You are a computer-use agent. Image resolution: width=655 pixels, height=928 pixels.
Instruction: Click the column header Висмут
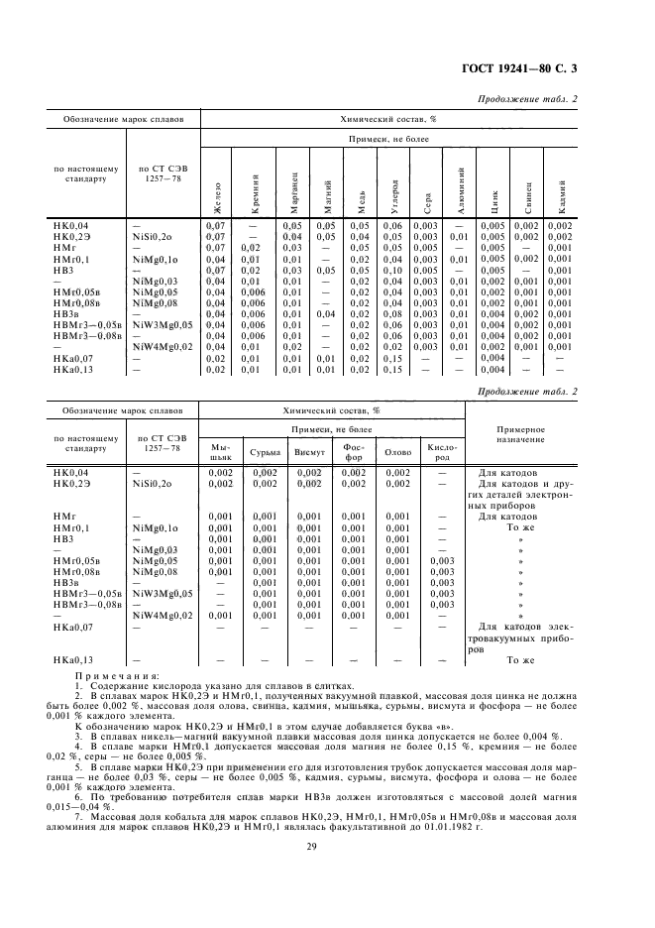coord(309,452)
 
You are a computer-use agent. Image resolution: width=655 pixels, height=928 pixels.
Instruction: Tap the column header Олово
coord(397,452)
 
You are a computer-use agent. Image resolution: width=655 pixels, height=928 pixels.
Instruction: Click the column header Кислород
coord(441,452)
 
